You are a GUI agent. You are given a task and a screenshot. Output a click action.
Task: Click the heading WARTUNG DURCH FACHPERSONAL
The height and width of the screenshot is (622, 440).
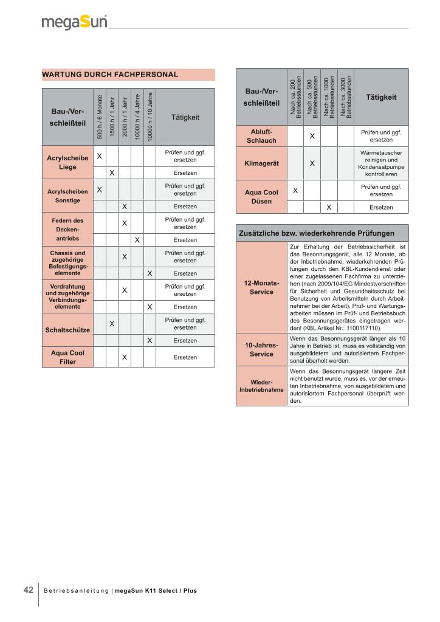pos(110,75)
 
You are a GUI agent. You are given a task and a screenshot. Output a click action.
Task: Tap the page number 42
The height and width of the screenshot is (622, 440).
pos(28,590)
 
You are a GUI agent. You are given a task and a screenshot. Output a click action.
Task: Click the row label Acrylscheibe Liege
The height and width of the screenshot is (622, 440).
pos(67,162)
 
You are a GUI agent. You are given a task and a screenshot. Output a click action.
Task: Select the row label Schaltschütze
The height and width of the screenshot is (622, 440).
pos(67,330)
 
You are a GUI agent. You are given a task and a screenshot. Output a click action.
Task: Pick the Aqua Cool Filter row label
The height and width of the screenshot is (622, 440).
pos(67,357)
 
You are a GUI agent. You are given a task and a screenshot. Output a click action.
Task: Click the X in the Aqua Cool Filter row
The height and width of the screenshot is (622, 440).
pos(124,357)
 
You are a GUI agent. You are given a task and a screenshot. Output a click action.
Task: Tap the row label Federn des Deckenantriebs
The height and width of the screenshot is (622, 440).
pos(67,230)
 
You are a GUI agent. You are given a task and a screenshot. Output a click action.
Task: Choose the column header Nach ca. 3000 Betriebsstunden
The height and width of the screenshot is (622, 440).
pos(346,97)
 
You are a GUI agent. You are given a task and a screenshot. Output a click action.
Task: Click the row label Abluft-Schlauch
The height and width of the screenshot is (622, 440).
pos(261,135)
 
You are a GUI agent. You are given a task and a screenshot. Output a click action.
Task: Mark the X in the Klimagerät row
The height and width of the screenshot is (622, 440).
pos(312,163)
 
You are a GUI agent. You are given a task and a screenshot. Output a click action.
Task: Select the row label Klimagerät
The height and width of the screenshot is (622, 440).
pos(261,163)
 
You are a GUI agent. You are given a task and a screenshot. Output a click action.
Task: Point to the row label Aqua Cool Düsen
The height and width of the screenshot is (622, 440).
pos(261,197)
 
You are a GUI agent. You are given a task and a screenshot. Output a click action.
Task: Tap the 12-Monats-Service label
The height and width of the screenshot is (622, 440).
pos(261,287)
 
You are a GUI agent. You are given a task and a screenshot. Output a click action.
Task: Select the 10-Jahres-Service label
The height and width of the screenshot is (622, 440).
pos(261,349)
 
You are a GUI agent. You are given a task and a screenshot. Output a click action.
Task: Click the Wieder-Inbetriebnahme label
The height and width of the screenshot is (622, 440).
pos(261,386)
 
